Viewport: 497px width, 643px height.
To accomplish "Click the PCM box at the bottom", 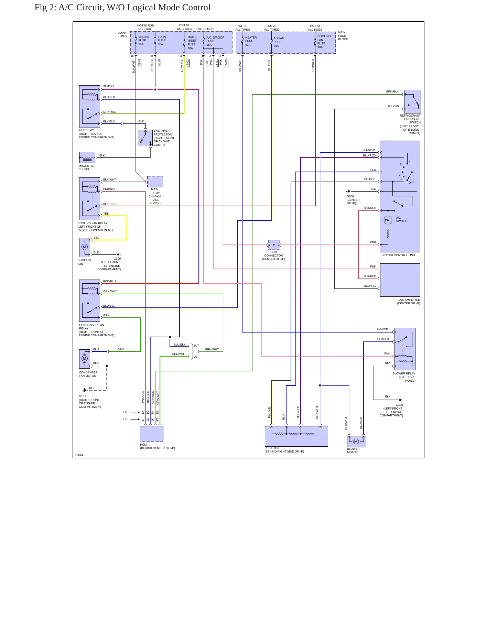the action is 152,434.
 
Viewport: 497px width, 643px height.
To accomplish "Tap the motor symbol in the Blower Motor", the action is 356,442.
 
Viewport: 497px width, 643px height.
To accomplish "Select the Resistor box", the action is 296,436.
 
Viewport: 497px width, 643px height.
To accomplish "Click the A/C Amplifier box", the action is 400,280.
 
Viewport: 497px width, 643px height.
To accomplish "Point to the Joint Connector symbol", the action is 274,245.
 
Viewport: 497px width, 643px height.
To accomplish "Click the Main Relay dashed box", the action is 155,182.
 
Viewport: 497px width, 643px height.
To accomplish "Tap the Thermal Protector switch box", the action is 145,138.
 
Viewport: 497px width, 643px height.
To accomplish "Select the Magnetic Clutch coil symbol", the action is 87,157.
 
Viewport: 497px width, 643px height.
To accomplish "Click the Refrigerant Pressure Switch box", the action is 412,102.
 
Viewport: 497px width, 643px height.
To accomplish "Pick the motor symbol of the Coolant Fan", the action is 85,247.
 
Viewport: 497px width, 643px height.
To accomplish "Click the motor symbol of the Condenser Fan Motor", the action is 85,359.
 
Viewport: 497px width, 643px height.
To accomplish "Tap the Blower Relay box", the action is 405,349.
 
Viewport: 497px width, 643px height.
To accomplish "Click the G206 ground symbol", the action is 348,192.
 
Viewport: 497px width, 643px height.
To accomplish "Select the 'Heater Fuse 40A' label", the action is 251,41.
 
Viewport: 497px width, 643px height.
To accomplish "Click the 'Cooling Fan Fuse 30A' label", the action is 324,42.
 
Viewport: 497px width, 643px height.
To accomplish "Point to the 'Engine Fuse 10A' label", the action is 144,40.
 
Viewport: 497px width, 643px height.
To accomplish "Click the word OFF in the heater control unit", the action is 411,183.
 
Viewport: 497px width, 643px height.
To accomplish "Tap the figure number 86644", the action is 79,455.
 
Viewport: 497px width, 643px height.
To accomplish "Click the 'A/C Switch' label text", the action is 401,219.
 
